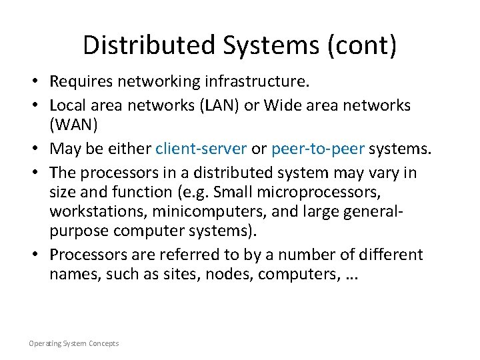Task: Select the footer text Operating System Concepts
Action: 73,343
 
